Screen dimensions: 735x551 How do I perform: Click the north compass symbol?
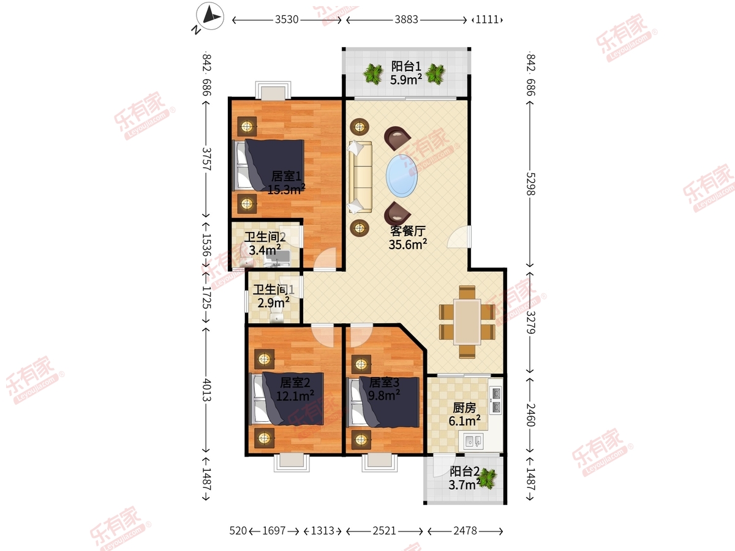(210, 16)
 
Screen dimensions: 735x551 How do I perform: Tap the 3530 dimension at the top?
(287, 20)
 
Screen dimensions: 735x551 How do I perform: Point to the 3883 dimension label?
(406, 20)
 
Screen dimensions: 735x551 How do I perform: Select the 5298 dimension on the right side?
(530, 184)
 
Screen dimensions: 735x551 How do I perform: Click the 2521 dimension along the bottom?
(385, 531)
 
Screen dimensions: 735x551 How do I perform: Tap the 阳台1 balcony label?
(406, 66)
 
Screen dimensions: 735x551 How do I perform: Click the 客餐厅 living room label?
(408, 231)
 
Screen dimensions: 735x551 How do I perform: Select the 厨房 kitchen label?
(464, 408)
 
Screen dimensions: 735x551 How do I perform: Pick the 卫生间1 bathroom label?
(274, 290)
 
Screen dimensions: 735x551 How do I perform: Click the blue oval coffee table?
(401, 176)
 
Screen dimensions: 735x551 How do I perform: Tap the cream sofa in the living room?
(360, 177)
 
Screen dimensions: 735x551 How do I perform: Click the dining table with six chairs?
(467, 322)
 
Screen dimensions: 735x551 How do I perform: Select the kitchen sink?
(474, 441)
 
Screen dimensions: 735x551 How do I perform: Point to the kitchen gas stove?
(496, 400)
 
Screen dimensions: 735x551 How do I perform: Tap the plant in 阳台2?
(487, 479)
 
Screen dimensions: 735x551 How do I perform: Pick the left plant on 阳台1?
(374, 74)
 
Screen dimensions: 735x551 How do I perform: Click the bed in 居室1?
(269, 165)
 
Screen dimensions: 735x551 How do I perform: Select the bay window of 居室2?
(292, 463)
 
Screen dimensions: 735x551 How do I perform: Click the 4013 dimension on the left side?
(206, 390)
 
